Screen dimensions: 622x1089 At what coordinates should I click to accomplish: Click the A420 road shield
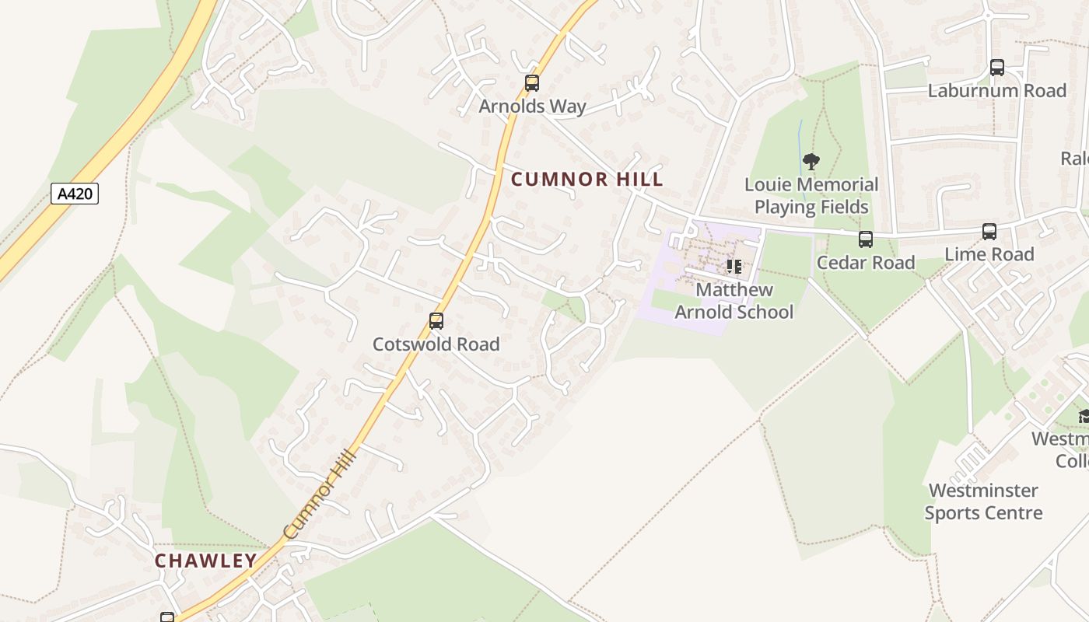75,194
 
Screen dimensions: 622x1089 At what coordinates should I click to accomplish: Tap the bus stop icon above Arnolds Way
532,83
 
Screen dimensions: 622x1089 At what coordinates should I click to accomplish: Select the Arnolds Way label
532,106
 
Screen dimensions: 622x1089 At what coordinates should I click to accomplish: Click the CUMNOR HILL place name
587,179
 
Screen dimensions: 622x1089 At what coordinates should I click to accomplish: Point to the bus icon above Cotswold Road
436,321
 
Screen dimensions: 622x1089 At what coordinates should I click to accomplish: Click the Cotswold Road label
436,344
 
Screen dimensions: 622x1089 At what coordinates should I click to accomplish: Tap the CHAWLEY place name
205,561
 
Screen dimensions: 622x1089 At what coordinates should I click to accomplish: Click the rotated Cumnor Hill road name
319,495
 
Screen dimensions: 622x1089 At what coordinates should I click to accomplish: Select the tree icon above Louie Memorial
811,162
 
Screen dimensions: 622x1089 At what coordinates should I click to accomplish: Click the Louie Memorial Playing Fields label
811,196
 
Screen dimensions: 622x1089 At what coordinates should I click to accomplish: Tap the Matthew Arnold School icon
734,267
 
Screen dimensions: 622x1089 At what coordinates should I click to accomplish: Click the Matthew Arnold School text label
734,301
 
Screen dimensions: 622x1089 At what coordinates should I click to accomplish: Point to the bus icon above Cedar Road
865,239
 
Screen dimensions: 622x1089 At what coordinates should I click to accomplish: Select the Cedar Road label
865,262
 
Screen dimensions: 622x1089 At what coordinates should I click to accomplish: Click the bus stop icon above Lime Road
989,232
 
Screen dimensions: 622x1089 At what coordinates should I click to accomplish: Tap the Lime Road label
989,254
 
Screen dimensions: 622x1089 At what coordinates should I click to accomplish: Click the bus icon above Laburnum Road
996,68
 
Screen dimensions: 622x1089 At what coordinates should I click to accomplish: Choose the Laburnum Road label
996,90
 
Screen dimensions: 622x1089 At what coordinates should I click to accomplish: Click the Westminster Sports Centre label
983,501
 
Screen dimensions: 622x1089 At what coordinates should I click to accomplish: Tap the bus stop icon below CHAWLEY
167,617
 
